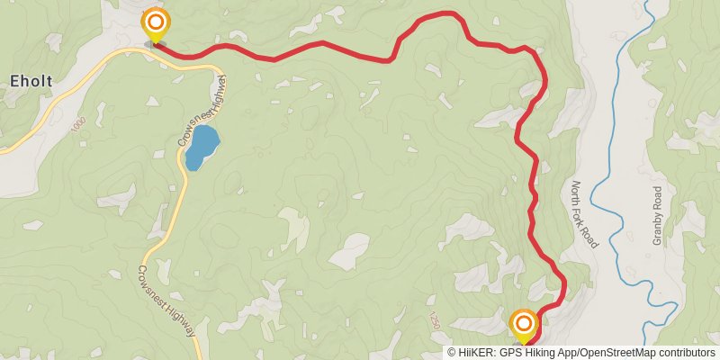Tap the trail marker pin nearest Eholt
tap(156, 22)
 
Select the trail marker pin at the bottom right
tap(523, 323)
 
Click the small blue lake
tap(202, 148)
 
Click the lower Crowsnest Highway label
tap(166, 301)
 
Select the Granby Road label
tap(657, 216)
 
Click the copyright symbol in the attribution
tap(452, 353)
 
